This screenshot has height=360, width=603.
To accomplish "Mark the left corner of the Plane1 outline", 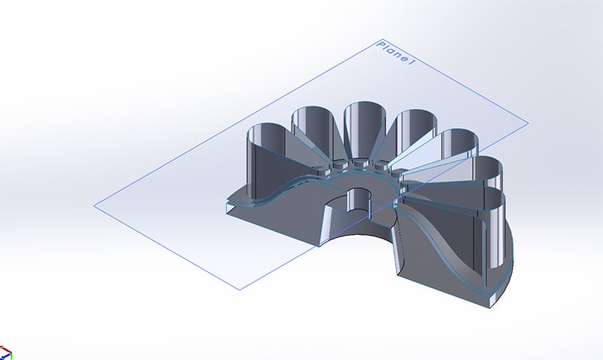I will click(x=95, y=205).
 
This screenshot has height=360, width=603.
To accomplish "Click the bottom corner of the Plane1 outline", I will click(x=240, y=289).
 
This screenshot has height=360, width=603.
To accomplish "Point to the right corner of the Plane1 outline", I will click(x=528, y=122).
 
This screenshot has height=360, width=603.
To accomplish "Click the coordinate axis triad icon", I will click(x=6, y=352).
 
